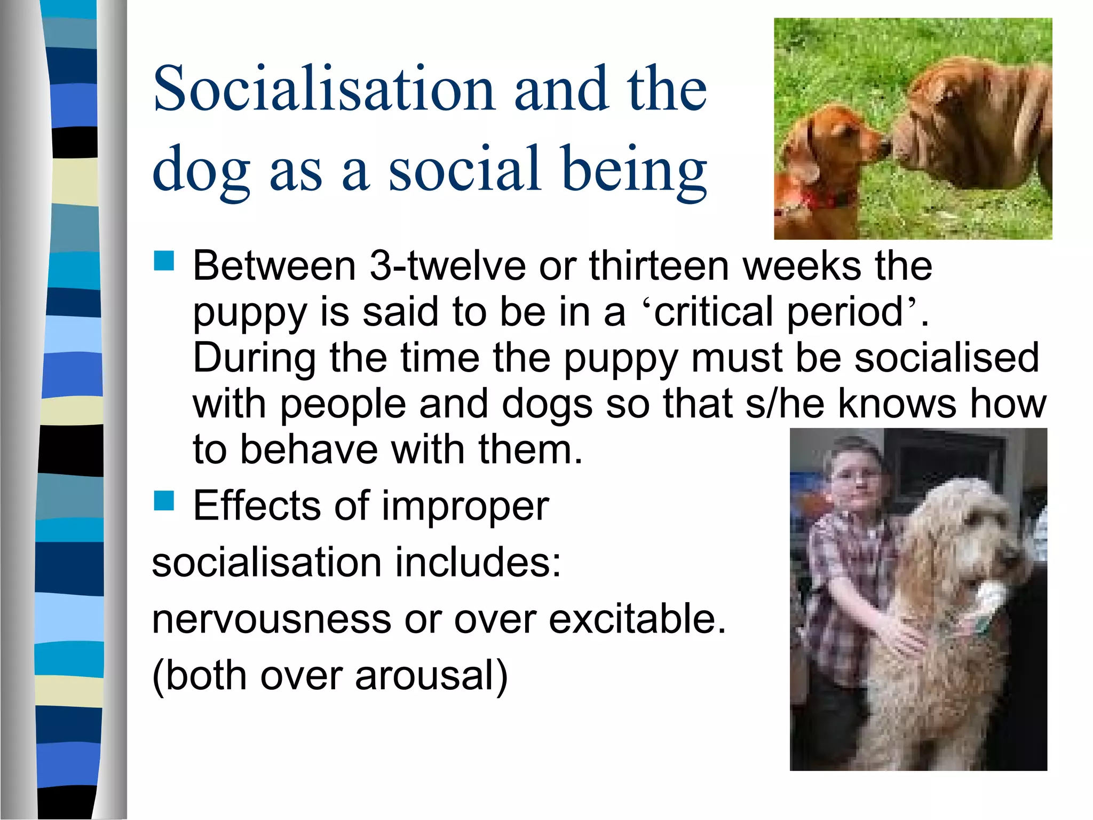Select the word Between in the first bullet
coord(274,266)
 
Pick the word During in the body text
coord(254,358)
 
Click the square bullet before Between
coord(164,262)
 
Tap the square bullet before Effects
coord(164,501)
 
